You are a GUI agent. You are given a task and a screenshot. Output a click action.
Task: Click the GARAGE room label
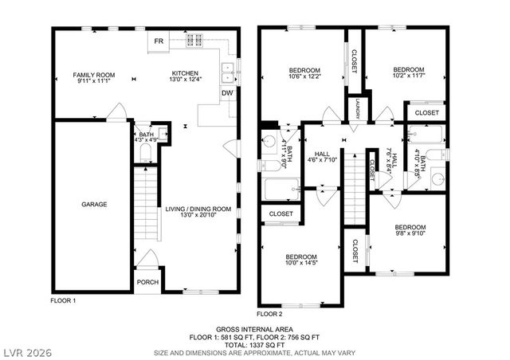coord(93,204)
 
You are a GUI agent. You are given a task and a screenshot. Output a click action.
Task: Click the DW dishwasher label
coord(227,92)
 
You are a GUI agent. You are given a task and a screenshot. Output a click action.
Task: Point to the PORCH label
coord(147,281)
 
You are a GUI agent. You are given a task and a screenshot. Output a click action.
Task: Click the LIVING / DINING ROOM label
coord(198,213)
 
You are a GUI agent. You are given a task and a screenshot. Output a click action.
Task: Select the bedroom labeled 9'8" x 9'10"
coord(410,229)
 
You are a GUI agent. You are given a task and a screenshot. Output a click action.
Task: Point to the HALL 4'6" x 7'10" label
coord(322,157)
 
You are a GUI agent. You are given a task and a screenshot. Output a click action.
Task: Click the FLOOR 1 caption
coord(63,301)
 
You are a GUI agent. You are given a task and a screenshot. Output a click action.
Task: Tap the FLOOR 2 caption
coord(270,314)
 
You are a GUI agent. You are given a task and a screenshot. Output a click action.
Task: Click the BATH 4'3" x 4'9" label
coord(146,138)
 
